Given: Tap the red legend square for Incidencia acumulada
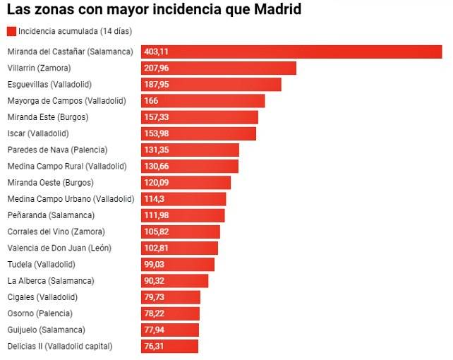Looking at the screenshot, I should (x=11, y=31).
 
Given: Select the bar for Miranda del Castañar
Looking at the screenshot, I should (x=291, y=52).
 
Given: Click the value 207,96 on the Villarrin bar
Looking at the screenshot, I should (x=156, y=68).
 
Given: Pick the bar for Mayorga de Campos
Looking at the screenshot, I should (x=203, y=101).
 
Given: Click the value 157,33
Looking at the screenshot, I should (x=156, y=117).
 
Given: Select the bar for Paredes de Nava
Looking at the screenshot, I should (x=191, y=150).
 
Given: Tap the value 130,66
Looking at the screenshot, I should (x=156, y=167).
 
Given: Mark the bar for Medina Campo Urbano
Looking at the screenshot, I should (x=183, y=199).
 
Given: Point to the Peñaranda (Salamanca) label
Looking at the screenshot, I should (x=50, y=215).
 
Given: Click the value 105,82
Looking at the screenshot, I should (x=156, y=232).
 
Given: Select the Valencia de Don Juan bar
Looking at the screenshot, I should (x=180, y=248).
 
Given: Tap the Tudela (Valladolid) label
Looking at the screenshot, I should (x=41, y=264).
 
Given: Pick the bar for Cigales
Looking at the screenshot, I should (x=171, y=297).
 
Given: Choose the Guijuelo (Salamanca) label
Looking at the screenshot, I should (x=46, y=330).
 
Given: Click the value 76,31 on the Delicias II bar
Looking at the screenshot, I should (x=155, y=346).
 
